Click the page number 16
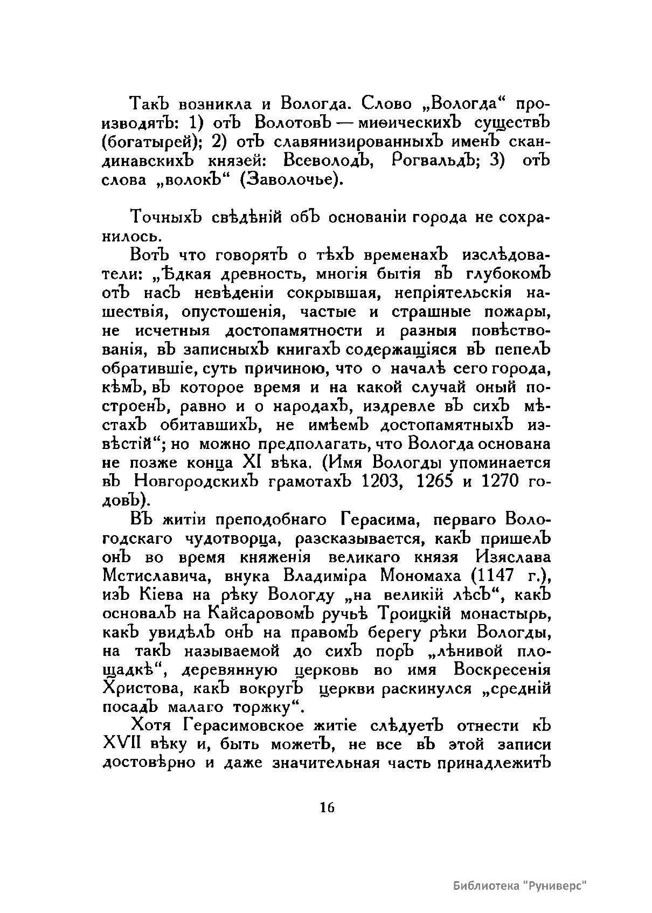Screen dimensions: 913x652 pos(327,807)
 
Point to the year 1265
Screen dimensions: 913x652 pos(436,480)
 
